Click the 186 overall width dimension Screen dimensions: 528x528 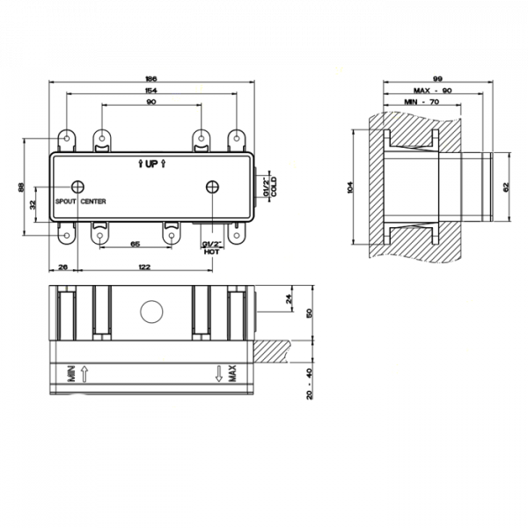click(151, 79)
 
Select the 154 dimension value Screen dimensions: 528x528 click(151, 91)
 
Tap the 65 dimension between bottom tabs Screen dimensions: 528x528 click(135, 244)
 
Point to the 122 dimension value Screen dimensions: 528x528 click(144, 267)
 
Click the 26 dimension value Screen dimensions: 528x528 click(63, 267)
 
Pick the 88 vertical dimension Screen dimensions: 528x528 click(21, 187)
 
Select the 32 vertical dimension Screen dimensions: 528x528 click(33, 205)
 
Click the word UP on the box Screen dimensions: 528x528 click(151, 164)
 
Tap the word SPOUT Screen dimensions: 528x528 click(66, 202)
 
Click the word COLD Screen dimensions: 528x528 click(274, 187)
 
